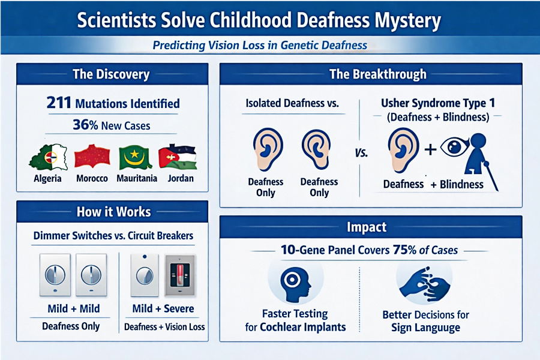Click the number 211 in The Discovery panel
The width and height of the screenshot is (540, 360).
59,103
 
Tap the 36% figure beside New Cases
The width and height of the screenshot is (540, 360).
85,125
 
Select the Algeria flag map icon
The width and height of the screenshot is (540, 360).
48,157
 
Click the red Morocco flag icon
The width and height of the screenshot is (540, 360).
92,157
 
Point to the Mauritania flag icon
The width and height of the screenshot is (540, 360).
135,157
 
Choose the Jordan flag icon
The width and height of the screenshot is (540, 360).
178,157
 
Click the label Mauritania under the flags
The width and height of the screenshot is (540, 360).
137,178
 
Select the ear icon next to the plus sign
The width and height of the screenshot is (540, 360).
403,149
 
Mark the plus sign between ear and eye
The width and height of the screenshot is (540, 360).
430,149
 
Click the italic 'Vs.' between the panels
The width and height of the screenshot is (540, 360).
361,152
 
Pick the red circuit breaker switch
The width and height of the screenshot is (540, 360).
180,275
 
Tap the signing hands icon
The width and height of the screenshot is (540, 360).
424,283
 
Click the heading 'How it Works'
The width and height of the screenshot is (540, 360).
113,212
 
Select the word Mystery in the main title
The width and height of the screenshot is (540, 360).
408,21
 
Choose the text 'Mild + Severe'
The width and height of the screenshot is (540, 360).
163,308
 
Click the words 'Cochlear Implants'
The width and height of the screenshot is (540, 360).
303,326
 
